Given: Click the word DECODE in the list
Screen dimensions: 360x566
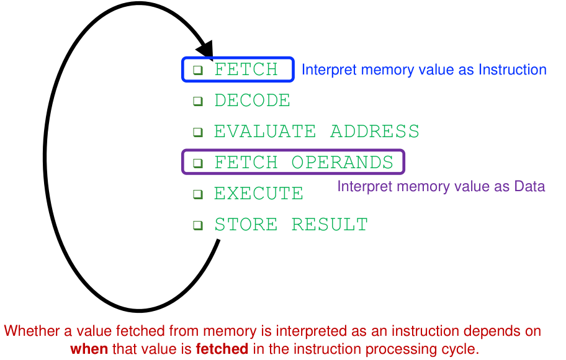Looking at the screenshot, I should tap(252, 101).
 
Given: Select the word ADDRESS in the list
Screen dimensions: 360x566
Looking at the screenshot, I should tap(375, 132).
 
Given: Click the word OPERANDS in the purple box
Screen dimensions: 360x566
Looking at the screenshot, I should tap(343, 163).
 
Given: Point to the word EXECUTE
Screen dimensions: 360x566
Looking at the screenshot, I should tap(259, 194).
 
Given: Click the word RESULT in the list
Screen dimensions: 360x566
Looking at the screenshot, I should tap(330, 225).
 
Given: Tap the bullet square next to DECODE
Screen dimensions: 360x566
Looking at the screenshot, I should tap(198, 101).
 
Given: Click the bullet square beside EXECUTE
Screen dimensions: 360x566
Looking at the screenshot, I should tap(198, 194).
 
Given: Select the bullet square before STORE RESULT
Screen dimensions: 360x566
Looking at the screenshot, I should tap(198, 225).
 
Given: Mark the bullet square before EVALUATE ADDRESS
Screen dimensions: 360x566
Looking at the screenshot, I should tap(198, 132).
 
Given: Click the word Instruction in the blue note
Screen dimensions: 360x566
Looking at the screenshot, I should tap(513, 70).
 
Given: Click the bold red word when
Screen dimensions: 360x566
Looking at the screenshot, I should tap(89, 349).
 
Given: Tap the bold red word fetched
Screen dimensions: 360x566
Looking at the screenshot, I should tap(222, 349).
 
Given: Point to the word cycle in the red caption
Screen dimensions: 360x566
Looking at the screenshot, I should tap(462, 349).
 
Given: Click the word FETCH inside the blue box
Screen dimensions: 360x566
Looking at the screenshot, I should tap(246, 70).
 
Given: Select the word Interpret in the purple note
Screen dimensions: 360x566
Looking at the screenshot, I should tap(361, 186).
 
